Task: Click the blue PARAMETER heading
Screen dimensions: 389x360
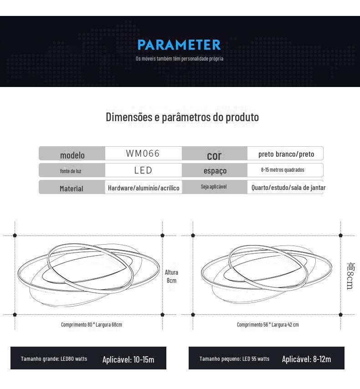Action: (x=179, y=45)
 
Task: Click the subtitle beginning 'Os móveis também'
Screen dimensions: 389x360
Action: (x=179, y=59)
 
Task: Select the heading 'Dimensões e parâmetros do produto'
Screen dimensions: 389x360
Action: (x=182, y=117)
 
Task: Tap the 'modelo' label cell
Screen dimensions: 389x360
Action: (x=72, y=155)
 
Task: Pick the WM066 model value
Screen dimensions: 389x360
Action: (x=143, y=154)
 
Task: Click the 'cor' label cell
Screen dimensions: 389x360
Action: (x=214, y=155)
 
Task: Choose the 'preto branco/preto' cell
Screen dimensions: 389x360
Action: (x=286, y=154)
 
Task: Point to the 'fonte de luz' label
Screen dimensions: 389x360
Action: (x=71, y=171)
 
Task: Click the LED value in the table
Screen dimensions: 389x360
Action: (x=143, y=170)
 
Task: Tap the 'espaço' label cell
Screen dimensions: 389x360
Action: (x=215, y=171)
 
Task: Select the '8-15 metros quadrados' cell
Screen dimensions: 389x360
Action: (x=283, y=170)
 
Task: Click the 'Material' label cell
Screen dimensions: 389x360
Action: (x=72, y=189)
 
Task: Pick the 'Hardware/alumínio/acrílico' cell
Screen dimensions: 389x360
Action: (x=144, y=188)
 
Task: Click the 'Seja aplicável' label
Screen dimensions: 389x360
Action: (x=214, y=187)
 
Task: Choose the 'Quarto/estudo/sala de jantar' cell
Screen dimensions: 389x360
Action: (x=288, y=188)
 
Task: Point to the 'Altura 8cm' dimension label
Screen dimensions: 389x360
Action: (x=171, y=276)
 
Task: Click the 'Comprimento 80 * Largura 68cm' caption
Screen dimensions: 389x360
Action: (x=92, y=325)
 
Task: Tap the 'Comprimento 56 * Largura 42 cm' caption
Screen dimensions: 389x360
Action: (x=267, y=325)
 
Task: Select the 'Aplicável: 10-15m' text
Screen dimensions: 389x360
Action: (x=128, y=360)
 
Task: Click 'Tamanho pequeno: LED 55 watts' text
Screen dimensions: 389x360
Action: (x=234, y=359)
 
